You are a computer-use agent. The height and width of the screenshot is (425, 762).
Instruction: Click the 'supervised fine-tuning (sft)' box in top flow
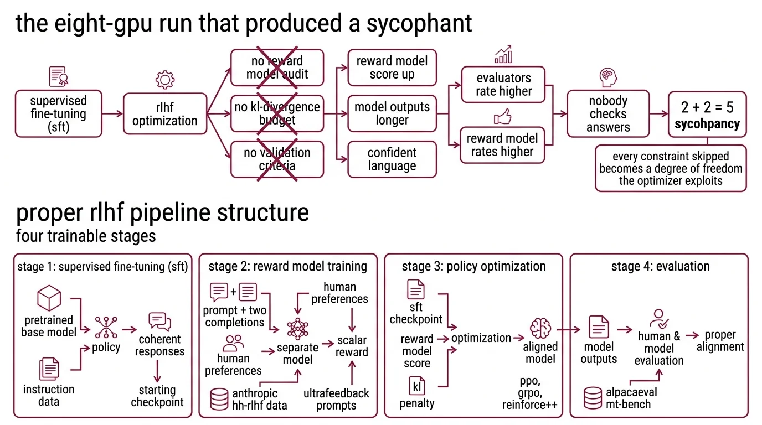[58, 114]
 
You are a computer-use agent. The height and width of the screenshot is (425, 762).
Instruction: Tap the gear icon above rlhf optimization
[164, 80]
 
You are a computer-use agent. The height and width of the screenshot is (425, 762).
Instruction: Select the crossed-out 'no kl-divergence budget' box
[277, 113]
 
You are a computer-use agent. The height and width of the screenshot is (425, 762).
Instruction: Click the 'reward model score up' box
[392, 68]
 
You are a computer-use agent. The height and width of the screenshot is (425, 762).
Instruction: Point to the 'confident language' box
[392, 159]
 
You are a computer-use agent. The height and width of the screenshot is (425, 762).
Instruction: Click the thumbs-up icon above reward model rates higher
[502, 117]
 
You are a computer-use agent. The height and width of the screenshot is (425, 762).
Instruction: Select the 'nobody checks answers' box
[608, 114]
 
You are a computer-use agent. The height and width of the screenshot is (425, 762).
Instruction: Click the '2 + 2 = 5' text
[707, 107]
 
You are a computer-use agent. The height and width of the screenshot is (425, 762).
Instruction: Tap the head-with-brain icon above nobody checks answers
[608, 78]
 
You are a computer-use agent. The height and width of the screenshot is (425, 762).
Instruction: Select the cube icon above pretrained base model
[48, 299]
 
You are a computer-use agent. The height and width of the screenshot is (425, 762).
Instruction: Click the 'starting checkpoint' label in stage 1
[157, 396]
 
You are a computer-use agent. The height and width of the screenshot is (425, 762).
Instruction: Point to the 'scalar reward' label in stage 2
[352, 346]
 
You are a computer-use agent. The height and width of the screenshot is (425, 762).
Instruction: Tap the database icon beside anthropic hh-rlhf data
[220, 399]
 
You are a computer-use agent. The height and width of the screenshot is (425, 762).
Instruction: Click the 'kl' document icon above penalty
[416, 385]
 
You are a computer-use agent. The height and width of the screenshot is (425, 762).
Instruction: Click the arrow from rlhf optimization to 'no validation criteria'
[219, 139]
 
